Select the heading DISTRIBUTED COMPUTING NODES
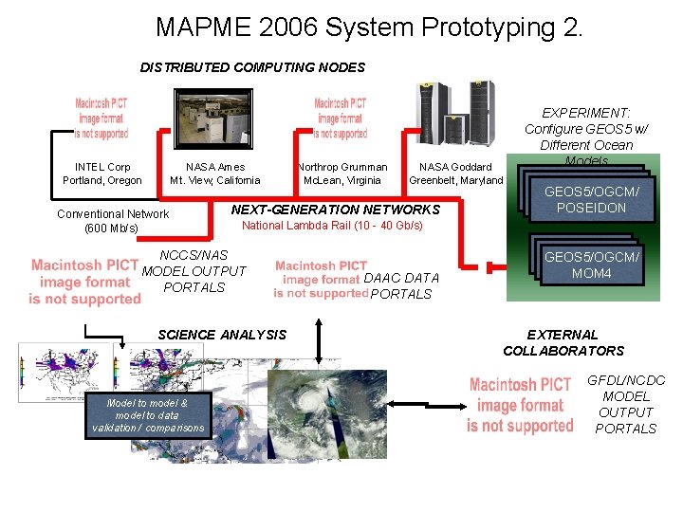(x=252, y=67)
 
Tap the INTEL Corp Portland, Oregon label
(x=102, y=174)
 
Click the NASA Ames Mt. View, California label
(x=214, y=174)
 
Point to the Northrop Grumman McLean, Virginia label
(x=341, y=174)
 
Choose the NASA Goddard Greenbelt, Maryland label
(x=455, y=174)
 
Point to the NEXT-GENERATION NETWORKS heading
(x=336, y=209)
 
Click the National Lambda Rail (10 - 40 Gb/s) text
(x=332, y=226)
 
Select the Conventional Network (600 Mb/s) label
(x=113, y=221)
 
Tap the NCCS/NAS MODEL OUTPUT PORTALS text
(x=194, y=271)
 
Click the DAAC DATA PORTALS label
(x=401, y=285)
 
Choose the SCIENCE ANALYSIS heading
(x=222, y=334)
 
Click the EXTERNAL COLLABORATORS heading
(x=563, y=342)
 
